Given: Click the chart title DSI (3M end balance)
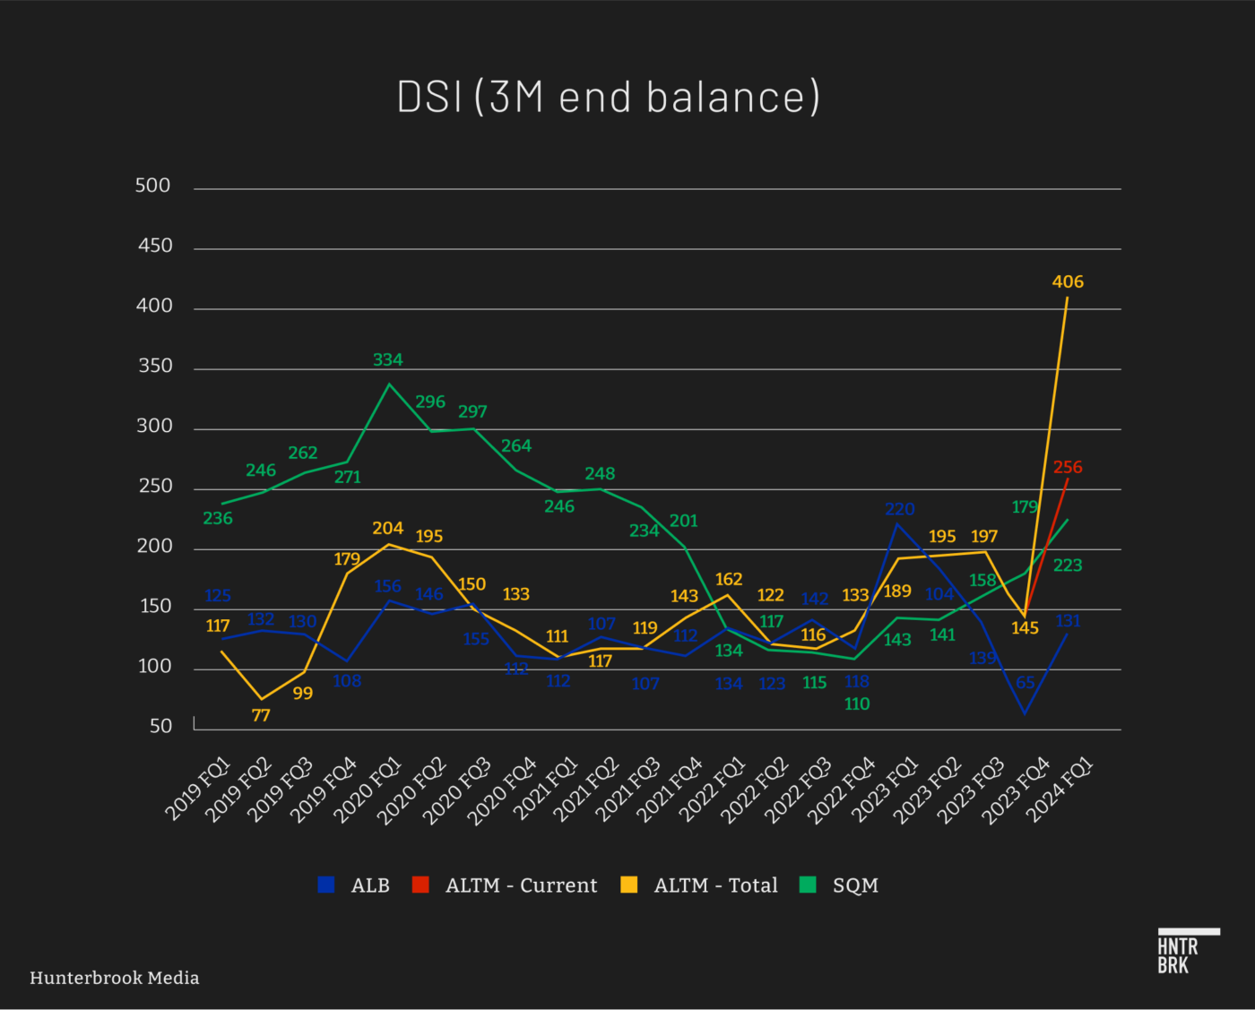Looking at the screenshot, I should click(609, 97).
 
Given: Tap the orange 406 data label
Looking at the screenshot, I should click(1068, 281).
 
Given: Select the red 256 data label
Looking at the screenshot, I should click(1068, 467).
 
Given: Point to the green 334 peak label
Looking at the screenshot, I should click(388, 359).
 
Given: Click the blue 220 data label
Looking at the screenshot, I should click(899, 509).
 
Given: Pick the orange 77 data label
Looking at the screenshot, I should click(261, 715).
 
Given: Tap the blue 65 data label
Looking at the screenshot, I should click(1026, 682).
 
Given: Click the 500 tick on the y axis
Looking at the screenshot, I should click(152, 186).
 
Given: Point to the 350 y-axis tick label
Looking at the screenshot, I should click(154, 366).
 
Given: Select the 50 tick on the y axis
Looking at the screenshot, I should click(160, 726).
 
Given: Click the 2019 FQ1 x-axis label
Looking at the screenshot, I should click(198, 790).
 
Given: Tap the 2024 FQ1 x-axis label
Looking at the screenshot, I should click(1060, 790).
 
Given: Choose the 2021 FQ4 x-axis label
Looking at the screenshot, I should click(670, 790).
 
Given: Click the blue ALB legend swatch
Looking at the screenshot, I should click(326, 885).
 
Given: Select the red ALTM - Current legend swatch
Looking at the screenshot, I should click(420, 885).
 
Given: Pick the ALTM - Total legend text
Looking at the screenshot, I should click(715, 885).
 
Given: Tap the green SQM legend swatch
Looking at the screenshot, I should click(808, 885).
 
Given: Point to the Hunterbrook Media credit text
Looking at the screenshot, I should click(115, 978).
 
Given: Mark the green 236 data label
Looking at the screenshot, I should click(218, 518).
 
